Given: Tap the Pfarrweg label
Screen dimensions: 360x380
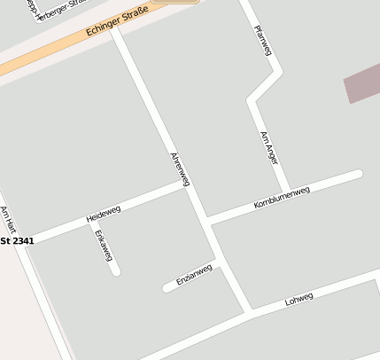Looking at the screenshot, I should coord(262,40).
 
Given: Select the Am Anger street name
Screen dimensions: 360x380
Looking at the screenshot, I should coord(268,147).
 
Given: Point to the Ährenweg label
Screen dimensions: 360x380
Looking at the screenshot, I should coord(180,168).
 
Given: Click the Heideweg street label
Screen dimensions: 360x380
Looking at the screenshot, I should coord(103,214).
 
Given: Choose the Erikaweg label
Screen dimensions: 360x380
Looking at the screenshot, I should coord(104,246).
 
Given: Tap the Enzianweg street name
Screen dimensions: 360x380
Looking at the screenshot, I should coord(194,275).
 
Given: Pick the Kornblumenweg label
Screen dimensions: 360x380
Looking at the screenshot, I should coord(282,198).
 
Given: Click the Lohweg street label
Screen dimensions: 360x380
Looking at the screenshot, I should coord(299,300).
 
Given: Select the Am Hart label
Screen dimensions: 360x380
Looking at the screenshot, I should coord(9,220).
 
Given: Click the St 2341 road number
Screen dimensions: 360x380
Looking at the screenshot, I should coord(18,240).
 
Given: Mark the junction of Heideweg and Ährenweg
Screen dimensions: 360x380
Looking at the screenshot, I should coord(184,184).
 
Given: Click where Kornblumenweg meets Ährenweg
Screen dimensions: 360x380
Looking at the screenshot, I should coord(206,219).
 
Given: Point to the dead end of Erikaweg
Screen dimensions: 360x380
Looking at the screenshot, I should coord(116,271).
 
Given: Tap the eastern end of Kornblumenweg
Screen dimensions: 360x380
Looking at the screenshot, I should coord(359,174).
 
